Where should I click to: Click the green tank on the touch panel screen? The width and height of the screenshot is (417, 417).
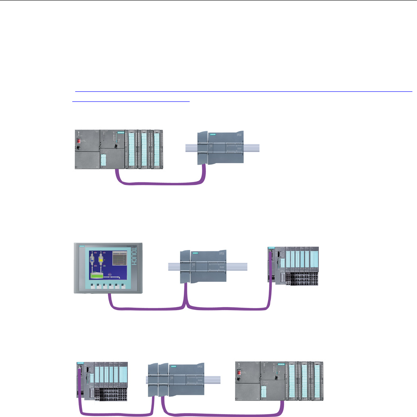point(97,276)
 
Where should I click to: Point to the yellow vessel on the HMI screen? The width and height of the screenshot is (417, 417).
point(101,263)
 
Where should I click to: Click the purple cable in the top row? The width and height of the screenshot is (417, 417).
point(159,183)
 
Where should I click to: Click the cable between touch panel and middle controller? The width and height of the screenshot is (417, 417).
point(146,308)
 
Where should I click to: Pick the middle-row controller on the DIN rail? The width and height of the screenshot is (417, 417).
point(205,267)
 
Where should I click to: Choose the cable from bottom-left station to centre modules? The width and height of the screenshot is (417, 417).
point(117,413)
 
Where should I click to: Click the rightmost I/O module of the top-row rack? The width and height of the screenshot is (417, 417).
point(158,149)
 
